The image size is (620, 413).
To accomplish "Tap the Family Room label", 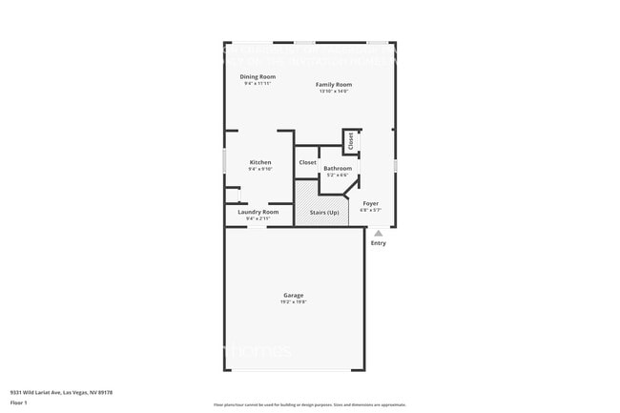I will [334, 85].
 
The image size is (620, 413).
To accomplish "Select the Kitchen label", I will [260, 162].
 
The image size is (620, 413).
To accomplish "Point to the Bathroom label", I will [338, 168].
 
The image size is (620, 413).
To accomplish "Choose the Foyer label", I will [370, 203].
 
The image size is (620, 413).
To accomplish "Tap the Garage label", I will [293, 295].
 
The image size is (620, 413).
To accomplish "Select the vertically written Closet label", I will [350, 141].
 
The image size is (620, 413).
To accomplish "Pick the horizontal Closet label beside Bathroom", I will [307, 163].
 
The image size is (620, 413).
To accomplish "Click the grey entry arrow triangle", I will [378, 233].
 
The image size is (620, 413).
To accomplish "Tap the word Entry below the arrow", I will [379, 243].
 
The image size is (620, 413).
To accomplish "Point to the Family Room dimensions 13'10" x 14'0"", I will [334, 92].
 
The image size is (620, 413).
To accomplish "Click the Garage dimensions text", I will [293, 301].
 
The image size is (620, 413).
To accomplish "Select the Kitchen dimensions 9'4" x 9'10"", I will [260, 169].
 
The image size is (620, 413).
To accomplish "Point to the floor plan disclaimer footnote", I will [309, 405].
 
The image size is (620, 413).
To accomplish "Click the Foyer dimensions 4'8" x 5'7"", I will [370, 210].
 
